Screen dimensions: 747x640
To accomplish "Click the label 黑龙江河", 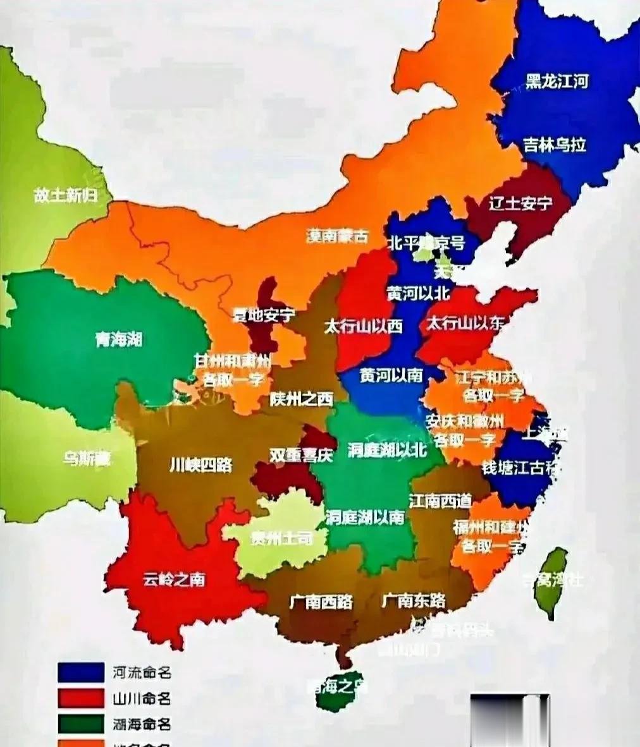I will tap(557, 82).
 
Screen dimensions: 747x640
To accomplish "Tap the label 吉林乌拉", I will tap(555, 145).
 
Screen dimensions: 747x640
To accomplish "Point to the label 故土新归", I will tap(66, 196).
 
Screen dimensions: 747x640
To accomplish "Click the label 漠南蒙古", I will tap(336, 236).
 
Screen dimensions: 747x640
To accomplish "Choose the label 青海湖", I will tap(119, 339).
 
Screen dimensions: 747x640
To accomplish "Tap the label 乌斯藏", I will tap(87, 458).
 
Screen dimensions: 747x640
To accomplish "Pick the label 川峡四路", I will tap(201, 465).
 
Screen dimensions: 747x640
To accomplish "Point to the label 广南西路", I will tap(321, 601).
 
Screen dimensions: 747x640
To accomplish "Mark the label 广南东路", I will tap(414, 600).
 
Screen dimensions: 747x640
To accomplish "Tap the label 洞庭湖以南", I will tap(365, 517).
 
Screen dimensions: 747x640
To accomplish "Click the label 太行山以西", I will tap(363, 327).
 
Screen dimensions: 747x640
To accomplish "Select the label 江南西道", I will tap(440, 501).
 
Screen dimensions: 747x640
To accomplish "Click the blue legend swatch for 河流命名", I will tap(80, 672).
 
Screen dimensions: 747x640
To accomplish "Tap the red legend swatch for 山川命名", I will tap(80, 698).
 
